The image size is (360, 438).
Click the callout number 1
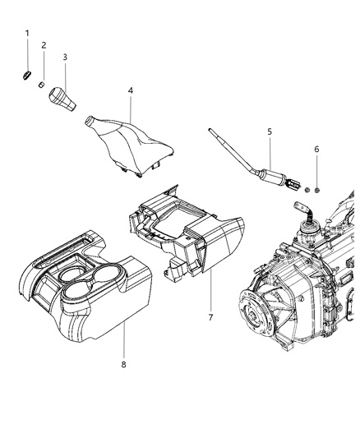tap(27, 33)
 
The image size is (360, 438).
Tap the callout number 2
tap(44, 45)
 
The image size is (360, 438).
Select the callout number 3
tap(65, 57)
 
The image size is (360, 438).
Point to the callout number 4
tap(131, 90)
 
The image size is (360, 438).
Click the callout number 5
tap(270, 131)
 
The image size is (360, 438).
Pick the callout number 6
tap(316, 150)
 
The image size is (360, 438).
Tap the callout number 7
tap(210, 317)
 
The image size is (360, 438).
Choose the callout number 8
tap(123, 364)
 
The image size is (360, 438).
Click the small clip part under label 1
tap(26, 76)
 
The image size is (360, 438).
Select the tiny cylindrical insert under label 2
tap(41, 85)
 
